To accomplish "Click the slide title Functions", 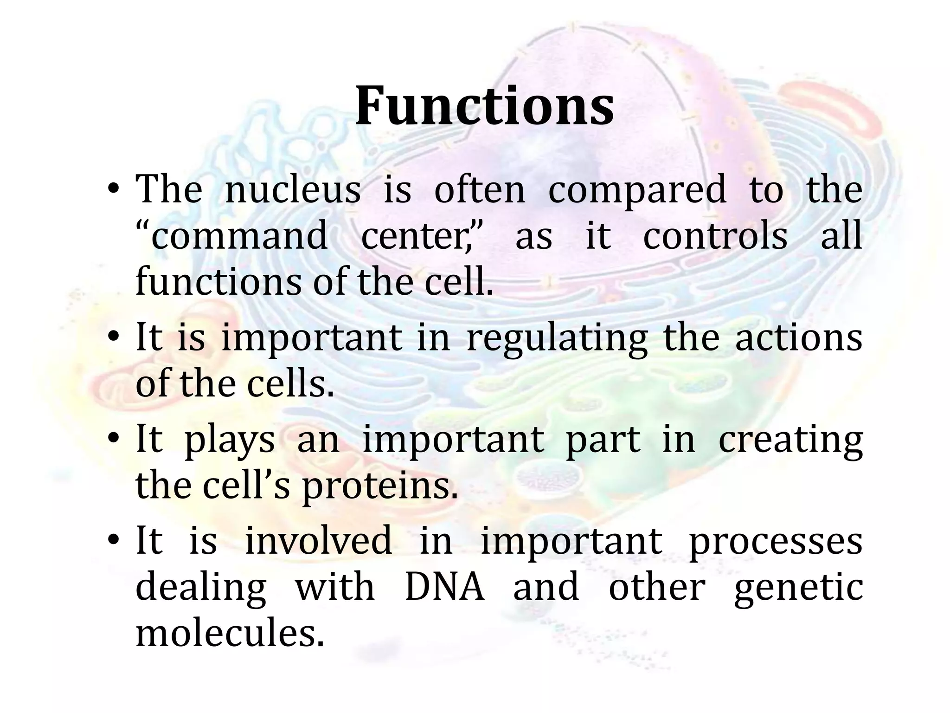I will tap(485, 106).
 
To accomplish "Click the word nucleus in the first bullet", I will tap(293, 189).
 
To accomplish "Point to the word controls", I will tap(715, 236).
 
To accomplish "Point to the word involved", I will tap(318, 541).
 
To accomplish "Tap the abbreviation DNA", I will tap(444, 587).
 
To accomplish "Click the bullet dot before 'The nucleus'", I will tap(114, 190).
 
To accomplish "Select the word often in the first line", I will tap(479, 189).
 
